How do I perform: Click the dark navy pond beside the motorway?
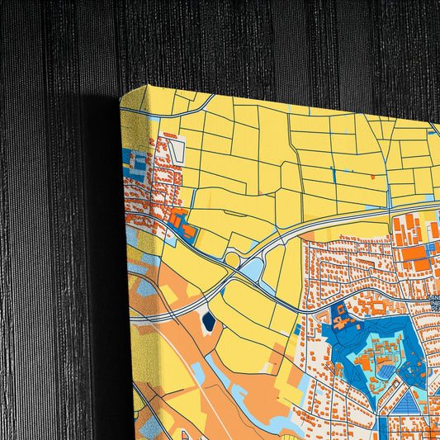point(207,322)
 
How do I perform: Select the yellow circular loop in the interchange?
point(233,260)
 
